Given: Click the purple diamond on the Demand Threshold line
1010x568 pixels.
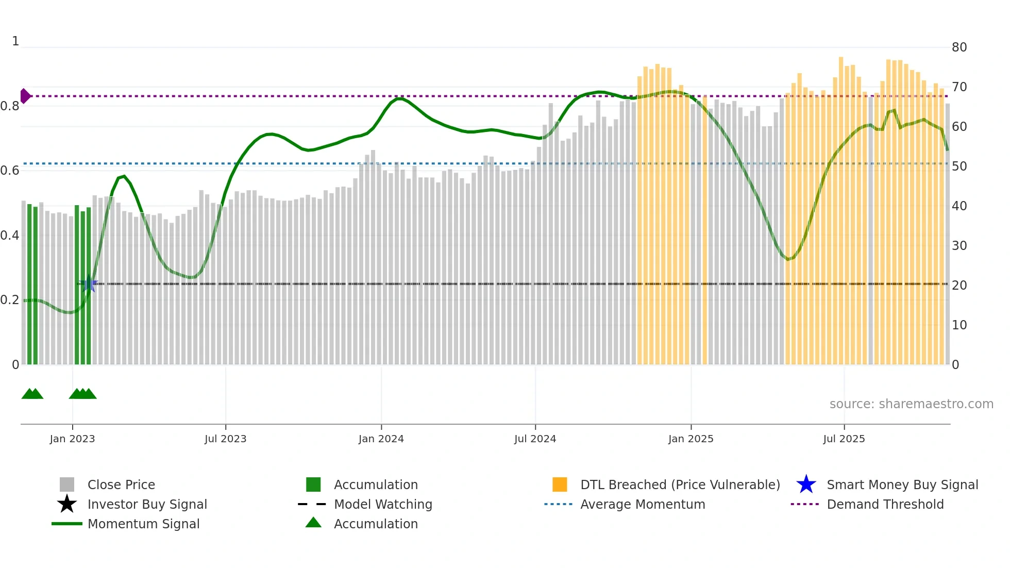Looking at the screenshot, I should [x=25, y=96].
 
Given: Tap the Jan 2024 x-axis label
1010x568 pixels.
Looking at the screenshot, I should [x=381, y=439].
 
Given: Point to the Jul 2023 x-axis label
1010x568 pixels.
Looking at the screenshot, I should [x=225, y=439].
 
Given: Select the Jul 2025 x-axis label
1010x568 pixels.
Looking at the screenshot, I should [x=844, y=439].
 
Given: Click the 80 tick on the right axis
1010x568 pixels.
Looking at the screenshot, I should [x=959, y=47].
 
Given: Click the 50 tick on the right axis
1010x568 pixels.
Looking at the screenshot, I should [x=959, y=166].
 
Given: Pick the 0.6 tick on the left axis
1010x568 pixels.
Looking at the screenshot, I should [x=10, y=171].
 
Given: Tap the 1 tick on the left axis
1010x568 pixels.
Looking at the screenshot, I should [x=15, y=41].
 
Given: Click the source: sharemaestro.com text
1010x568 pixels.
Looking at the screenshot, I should [x=911, y=404].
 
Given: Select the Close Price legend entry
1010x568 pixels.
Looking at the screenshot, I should [x=121, y=485].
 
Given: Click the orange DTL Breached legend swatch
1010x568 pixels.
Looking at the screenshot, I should [x=560, y=485].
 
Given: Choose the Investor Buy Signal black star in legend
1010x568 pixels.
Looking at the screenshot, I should [x=67, y=504].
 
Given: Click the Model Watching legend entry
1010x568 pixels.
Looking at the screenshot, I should [x=382, y=504].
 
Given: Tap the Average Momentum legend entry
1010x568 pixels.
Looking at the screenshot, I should [x=642, y=504].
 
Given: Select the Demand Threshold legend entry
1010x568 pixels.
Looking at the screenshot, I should [x=885, y=504].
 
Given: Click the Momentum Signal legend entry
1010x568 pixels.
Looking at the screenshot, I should [x=143, y=524].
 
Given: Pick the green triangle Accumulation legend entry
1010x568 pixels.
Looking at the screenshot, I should [x=313, y=523].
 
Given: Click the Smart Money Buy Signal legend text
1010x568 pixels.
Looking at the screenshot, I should [x=902, y=485].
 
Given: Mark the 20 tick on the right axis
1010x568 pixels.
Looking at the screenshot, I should [x=959, y=286].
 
